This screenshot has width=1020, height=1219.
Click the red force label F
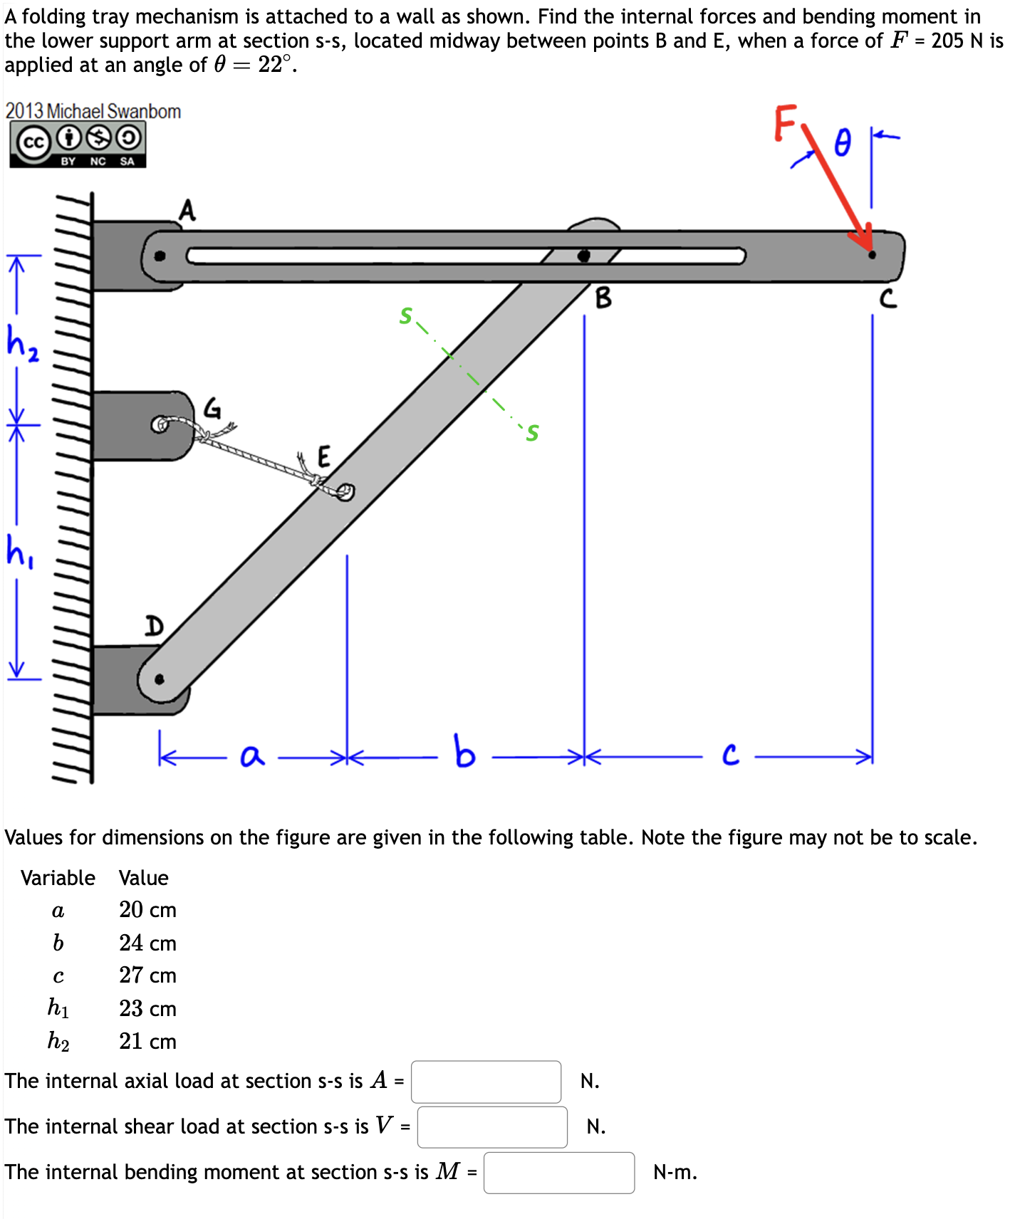click(784, 122)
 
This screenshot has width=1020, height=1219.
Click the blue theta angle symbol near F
click(843, 142)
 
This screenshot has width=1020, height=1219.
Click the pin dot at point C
click(872, 254)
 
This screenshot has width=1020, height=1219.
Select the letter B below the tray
click(603, 298)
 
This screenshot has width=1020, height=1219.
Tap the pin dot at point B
click(583, 255)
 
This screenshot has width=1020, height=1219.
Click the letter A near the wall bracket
click(187, 210)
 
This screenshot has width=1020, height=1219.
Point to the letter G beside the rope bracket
click(212, 408)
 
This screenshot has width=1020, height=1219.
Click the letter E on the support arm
click(323, 456)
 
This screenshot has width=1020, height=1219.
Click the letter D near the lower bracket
click(154, 626)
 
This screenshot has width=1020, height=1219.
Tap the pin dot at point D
click(160, 679)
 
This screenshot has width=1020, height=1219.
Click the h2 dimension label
click(21, 342)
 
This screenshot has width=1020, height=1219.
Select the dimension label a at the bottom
click(251, 755)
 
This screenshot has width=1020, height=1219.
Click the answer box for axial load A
click(486, 1082)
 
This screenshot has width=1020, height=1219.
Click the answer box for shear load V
click(492, 1126)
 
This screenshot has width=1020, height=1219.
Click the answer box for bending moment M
click(558, 1172)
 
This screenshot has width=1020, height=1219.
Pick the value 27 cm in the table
click(147, 975)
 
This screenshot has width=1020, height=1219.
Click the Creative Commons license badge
click(78, 145)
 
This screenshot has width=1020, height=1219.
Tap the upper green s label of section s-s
click(406, 315)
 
